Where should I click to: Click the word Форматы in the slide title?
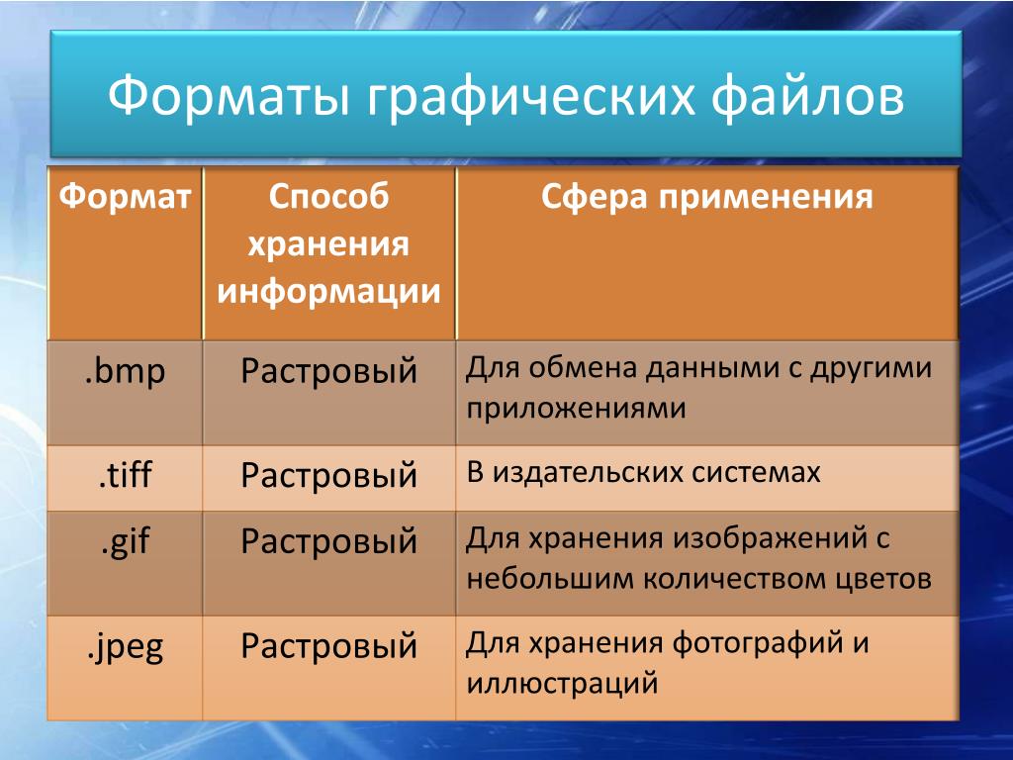pyautogui.click(x=229, y=96)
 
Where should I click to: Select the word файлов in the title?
pyautogui.click(x=807, y=96)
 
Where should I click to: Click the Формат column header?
pyautogui.click(x=126, y=196)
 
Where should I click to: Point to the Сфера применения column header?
pyautogui.click(x=706, y=197)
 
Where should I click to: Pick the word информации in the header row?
pyautogui.click(x=328, y=292)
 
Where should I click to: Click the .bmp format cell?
pyautogui.click(x=126, y=372)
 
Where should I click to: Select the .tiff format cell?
pyautogui.click(x=126, y=474)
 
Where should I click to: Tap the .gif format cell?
pyautogui.click(x=126, y=541)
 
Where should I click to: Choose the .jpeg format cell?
pyautogui.click(x=126, y=647)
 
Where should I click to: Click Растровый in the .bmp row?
pyautogui.click(x=328, y=372)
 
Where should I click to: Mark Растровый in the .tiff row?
pyautogui.click(x=328, y=476)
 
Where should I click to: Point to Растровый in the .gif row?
pyautogui.click(x=328, y=541)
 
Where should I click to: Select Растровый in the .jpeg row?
pyautogui.click(x=328, y=646)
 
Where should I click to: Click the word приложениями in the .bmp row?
pyautogui.click(x=577, y=410)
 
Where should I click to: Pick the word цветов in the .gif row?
pyautogui.click(x=882, y=579)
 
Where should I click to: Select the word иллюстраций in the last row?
pyautogui.click(x=562, y=684)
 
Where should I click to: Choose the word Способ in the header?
pyautogui.click(x=328, y=197)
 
